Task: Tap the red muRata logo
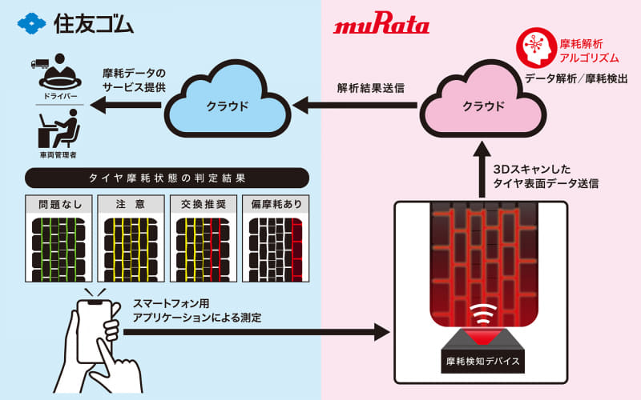point(381,26)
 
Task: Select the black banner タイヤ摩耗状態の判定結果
point(167,177)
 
